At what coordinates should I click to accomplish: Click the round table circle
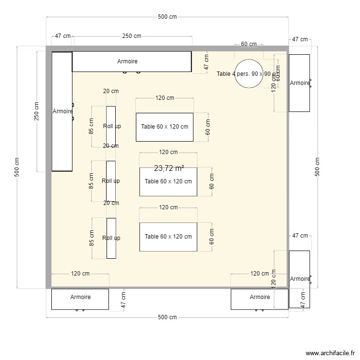click(249, 73)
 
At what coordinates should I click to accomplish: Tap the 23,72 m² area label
click(169, 168)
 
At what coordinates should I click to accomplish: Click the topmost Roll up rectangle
click(111, 126)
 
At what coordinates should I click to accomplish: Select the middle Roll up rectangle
click(111, 181)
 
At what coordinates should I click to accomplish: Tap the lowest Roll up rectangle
click(111, 238)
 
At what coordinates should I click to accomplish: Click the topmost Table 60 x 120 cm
click(165, 127)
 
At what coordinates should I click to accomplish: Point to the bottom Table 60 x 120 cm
click(168, 237)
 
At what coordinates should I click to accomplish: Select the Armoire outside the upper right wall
click(299, 83)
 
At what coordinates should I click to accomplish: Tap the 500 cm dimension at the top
click(167, 17)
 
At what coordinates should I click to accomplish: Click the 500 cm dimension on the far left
click(17, 168)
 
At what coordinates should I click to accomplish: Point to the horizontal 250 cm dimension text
click(132, 36)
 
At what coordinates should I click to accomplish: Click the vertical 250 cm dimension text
click(37, 112)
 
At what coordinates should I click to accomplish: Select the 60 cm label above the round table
click(249, 44)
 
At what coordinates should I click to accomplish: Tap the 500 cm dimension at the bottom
click(167, 317)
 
